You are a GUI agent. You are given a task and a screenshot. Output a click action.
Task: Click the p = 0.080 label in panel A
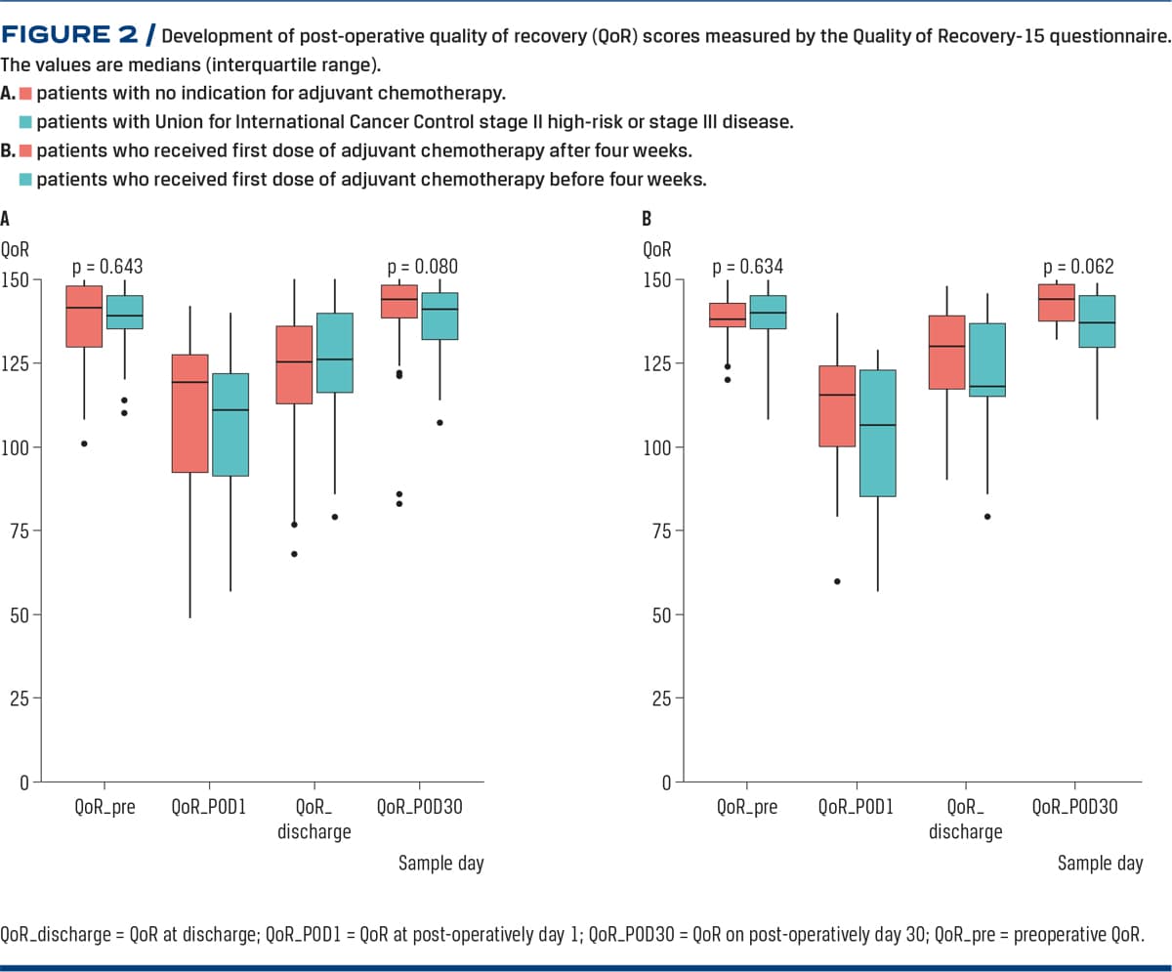tap(423, 266)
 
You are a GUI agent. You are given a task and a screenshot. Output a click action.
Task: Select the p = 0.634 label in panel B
tap(748, 266)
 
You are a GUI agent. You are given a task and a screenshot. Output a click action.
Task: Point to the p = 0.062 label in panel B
tap(1078, 266)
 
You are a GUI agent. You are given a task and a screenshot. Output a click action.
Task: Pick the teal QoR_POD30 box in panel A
tap(439, 316)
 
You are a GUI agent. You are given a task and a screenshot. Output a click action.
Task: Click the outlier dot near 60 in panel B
tap(837, 581)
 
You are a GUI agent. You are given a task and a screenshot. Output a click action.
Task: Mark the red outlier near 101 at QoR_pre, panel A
tap(84, 444)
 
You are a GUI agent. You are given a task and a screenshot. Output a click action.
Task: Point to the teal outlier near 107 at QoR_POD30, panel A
tap(439, 423)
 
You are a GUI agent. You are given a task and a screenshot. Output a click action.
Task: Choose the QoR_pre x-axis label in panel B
tap(747, 808)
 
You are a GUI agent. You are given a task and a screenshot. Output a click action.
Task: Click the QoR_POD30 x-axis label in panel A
tap(419, 808)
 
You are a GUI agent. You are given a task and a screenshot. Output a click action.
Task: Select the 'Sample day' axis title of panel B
tap(1101, 864)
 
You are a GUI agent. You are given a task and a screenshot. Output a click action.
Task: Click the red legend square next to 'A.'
tap(26, 95)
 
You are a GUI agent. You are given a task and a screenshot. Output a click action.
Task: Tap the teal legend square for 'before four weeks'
tap(26, 180)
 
